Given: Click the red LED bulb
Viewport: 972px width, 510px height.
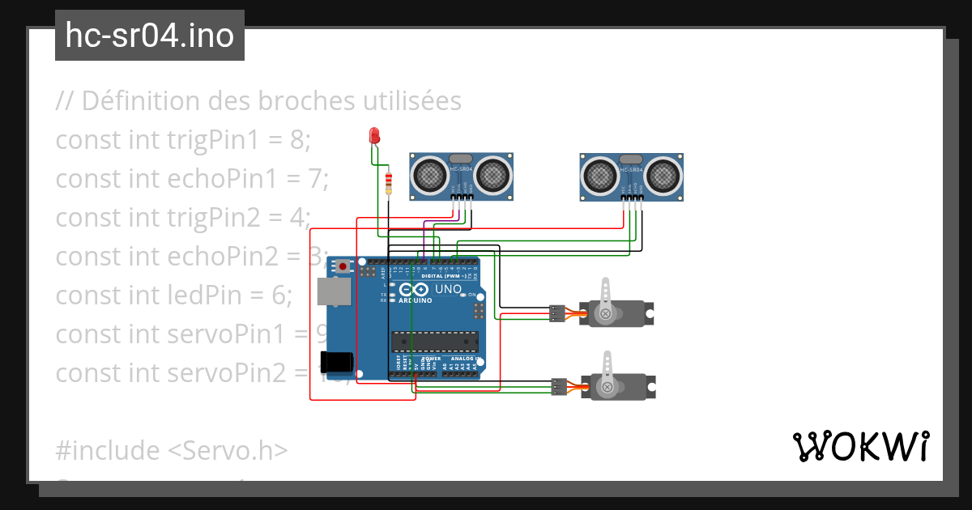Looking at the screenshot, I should pos(374,136).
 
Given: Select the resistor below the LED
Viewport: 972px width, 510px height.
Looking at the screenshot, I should pos(390,184).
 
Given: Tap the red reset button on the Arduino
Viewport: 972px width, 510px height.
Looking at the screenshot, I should pos(343,266).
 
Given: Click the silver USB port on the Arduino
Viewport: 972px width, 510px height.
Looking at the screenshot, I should pos(329,291).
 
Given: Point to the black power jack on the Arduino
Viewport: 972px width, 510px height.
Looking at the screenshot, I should pos(335,362).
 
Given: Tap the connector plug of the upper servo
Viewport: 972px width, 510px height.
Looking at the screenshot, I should pos(556,312).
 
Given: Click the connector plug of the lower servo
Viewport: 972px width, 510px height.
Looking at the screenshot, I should pos(558,386).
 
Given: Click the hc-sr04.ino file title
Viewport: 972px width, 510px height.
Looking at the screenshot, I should pos(150,36).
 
